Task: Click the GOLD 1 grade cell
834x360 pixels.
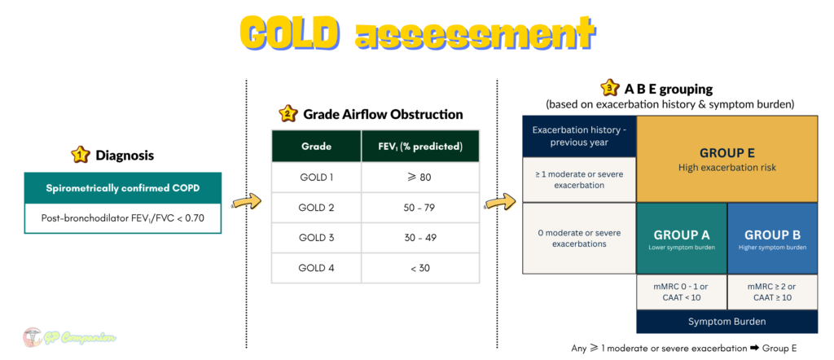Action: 316,177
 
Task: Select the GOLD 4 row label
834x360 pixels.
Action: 316,268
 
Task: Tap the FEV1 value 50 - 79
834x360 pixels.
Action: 420,208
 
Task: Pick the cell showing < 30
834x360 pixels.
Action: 420,268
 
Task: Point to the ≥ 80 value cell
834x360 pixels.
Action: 420,177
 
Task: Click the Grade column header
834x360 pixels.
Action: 316,147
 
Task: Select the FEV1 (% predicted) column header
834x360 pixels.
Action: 420,147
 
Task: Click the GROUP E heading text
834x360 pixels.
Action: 726,153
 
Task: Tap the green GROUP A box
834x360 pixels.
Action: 682,238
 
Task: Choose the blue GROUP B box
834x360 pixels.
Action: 772,238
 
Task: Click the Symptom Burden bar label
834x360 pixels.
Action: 726,322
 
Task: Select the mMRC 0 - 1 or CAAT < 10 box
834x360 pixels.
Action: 682,292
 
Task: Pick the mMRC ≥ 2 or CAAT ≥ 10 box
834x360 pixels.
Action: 772,292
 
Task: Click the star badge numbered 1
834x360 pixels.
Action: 80,155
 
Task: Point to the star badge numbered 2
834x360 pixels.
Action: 288,114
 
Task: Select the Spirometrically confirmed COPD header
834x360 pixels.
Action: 122,188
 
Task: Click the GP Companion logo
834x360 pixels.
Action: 70,337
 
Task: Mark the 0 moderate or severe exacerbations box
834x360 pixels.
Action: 579,238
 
